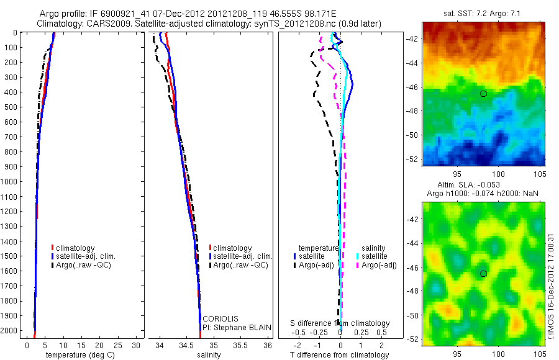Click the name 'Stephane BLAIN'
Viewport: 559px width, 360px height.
[233, 327]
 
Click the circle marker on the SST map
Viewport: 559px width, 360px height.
[483, 94]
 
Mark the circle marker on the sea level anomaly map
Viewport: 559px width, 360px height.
[483, 273]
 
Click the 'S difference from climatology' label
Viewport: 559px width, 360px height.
[340, 323]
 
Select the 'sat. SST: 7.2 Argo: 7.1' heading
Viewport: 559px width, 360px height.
[483, 13]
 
